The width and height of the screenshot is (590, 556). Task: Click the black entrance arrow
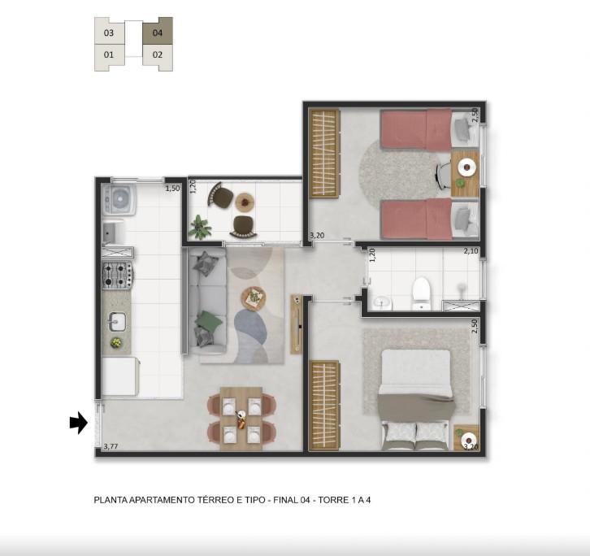79,423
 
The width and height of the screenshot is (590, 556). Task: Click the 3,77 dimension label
111,446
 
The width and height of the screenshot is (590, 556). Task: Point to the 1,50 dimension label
173,189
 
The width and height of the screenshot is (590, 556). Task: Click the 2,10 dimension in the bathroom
471,250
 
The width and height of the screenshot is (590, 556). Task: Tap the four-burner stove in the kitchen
117,275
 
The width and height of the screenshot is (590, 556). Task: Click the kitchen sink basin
117,322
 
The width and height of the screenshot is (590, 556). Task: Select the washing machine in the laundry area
119,199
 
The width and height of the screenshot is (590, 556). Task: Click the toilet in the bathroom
421,293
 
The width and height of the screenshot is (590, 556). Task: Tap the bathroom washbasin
383,302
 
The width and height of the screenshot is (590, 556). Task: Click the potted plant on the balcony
200,228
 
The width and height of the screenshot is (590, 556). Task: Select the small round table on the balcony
245,202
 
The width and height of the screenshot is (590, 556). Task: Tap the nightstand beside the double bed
466,438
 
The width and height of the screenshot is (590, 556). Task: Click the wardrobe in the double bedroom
324,406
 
